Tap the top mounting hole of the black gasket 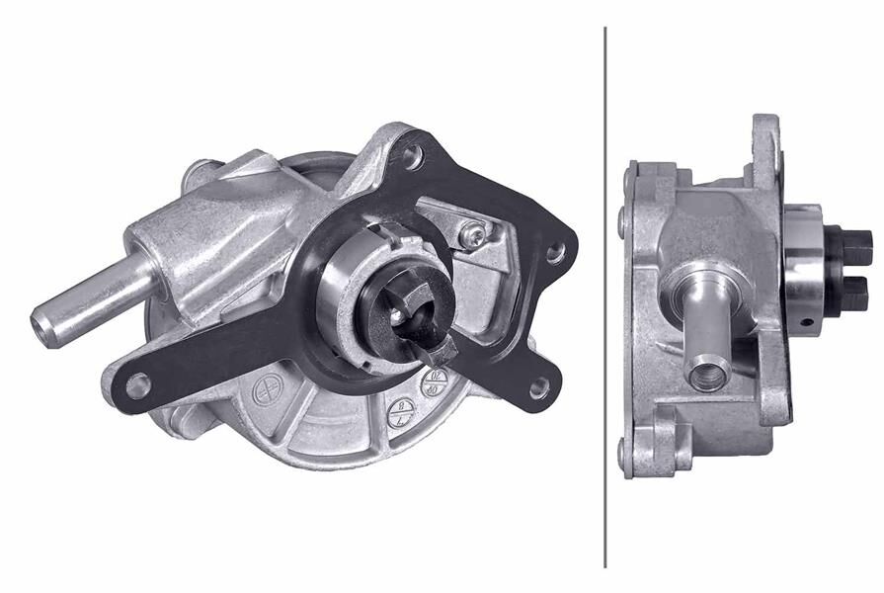point(412,154)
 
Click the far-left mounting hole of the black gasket point(137,382)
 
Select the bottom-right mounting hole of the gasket point(538,387)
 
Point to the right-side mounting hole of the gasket point(555,254)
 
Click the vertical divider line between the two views point(605,296)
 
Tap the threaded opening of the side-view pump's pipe point(708,375)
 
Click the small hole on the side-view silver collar point(807,320)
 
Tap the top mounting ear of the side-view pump point(766,138)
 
